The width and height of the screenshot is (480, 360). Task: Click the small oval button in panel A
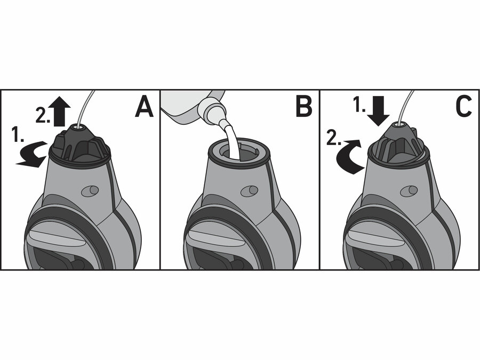click(90, 191)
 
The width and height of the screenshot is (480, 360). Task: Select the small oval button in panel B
click(249, 190)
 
